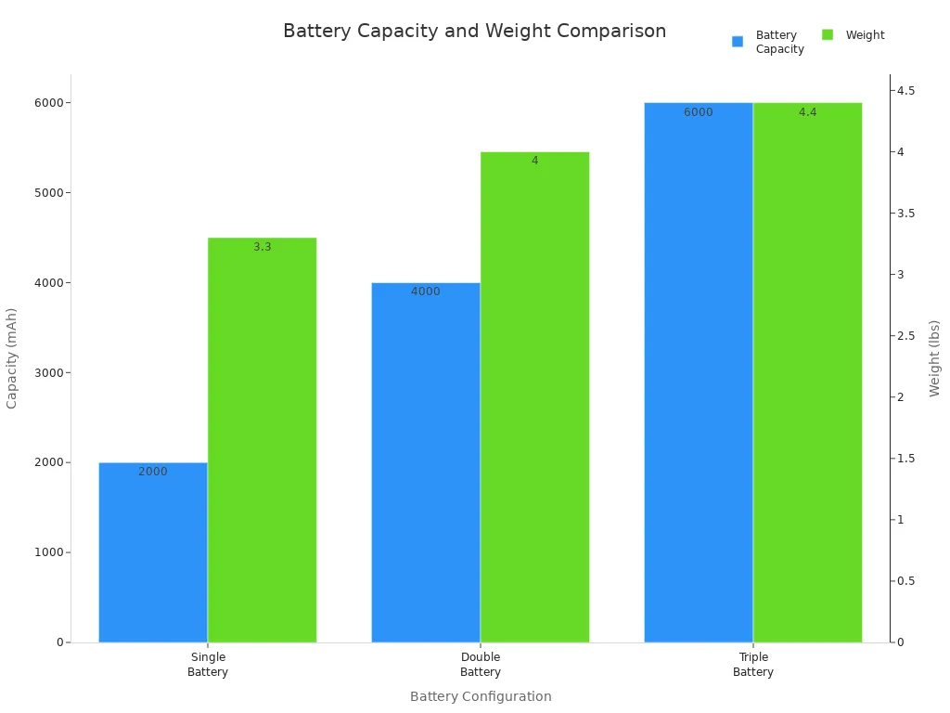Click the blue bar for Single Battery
pyautogui.click(x=153, y=552)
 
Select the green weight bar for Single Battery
pyautogui.click(x=262, y=440)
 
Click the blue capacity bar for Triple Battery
pyautogui.click(x=699, y=372)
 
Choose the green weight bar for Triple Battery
pyautogui.click(x=807, y=372)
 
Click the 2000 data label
pyautogui.click(x=153, y=472)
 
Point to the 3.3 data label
pyautogui.click(x=263, y=247)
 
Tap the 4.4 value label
pyautogui.click(x=807, y=112)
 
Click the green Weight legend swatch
pyautogui.click(x=828, y=35)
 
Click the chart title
pyautogui.click(x=474, y=32)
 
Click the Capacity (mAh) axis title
pyautogui.click(x=12, y=357)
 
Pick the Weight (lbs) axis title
pyautogui.click(x=934, y=357)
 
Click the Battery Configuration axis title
pyautogui.click(x=481, y=696)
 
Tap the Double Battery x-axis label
pyautogui.click(x=481, y=665)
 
